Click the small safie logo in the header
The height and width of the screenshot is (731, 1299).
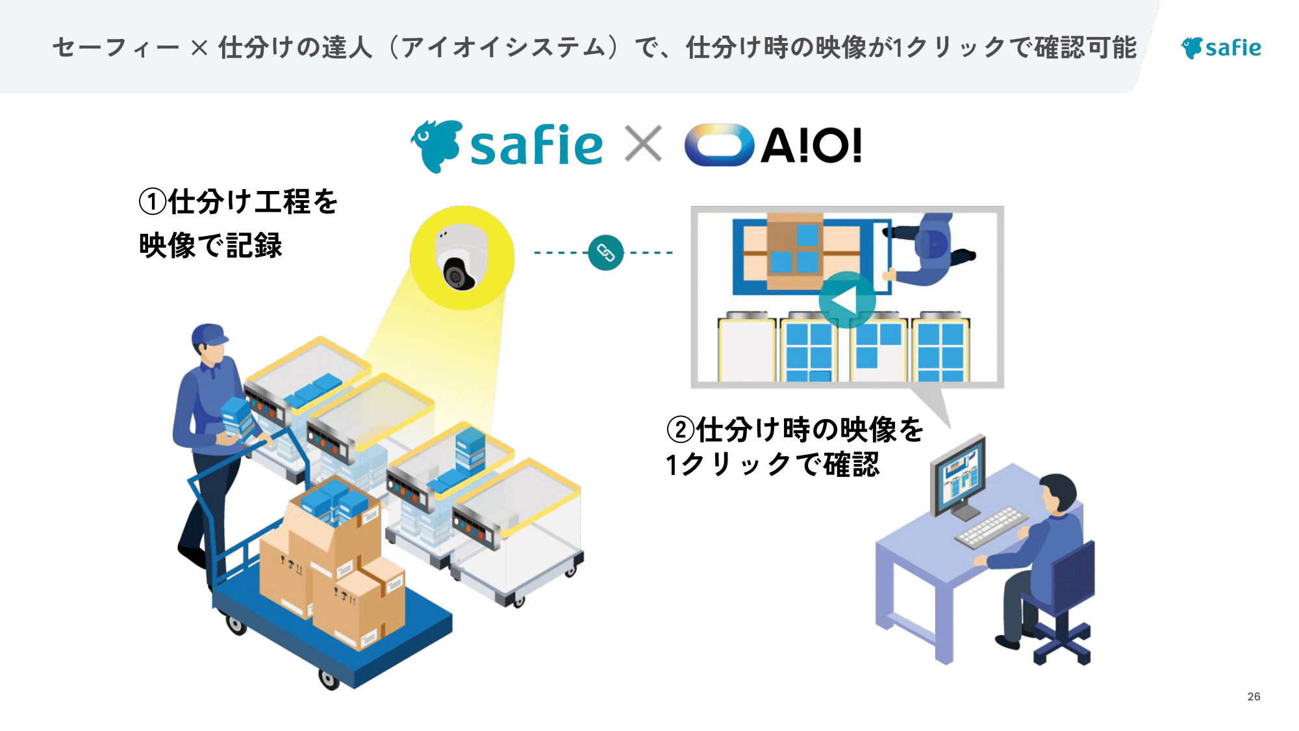point(1220,47)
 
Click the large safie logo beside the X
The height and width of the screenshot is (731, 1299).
point(507,146)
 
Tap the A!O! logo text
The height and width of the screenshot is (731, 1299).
point(811,146)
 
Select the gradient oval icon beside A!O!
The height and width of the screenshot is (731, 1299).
point(719,145)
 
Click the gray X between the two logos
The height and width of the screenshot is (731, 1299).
point(643,144)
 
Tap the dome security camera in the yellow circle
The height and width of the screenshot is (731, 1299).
point(460,259)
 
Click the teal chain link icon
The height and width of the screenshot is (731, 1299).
point(605,252)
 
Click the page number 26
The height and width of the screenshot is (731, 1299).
point(1254,697)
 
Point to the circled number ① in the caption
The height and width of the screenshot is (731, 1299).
point(153,201)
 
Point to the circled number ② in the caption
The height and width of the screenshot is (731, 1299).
point(681,430)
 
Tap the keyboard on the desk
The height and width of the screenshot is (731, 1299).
point(991,526)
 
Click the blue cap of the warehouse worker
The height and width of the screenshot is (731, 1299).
point(209,335)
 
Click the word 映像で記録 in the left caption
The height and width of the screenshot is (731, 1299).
point(211,246)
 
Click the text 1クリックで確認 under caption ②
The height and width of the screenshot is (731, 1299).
point(773,465)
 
